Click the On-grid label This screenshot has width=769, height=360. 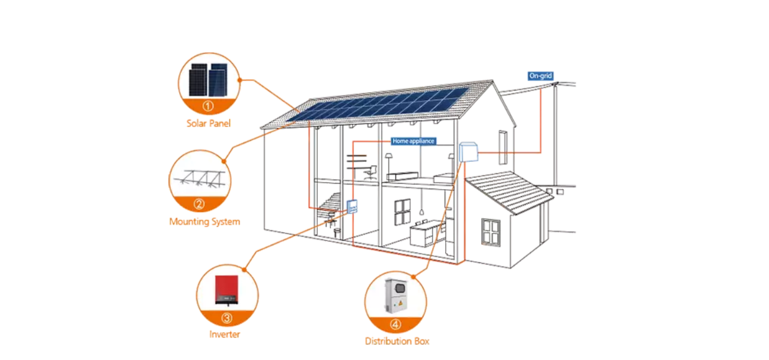coord(540,76)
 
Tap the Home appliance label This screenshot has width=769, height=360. coord(414,141)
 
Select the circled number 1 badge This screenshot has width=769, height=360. coord(207,106)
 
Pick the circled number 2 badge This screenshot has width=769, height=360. coord(199,205)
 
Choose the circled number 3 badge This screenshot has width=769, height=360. coord(227,318)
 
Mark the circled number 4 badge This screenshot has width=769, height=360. coord(395,325)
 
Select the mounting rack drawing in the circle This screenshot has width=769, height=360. coord(199,178)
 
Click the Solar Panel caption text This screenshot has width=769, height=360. coord(207,124)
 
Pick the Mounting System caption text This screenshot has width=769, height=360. coord(204,222)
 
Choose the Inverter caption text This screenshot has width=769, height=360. coord(224,335)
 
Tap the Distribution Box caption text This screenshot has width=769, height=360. coord(397,341)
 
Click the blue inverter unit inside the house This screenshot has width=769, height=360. coord(351,206)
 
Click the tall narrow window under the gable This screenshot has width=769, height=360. coord(502,147)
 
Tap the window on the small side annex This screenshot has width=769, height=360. coord(491,231)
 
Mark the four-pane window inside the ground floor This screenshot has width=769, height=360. coord(403,211)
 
